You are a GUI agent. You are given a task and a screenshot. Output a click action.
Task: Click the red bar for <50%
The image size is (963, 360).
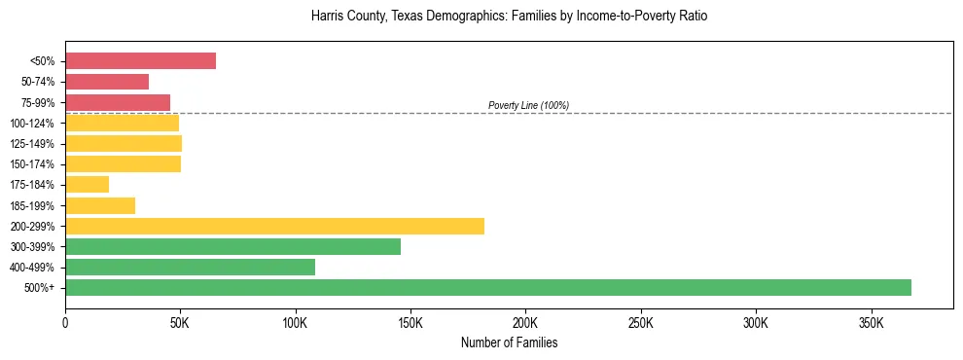140,61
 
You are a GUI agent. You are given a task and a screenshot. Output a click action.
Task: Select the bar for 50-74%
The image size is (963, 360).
107,82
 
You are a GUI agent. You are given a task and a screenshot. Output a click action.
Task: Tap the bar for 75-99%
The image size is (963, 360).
118,102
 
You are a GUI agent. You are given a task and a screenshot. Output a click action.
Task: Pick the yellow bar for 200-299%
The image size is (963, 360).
274,226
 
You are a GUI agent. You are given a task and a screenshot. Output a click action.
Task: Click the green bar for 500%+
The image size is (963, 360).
488,287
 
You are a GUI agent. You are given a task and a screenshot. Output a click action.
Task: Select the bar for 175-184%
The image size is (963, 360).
87,184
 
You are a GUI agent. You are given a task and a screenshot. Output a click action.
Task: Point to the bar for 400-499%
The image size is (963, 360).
190,267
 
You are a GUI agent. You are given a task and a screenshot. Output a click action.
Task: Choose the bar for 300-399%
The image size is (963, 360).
232,246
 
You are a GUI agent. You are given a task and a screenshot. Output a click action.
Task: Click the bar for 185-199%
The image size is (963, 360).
100,205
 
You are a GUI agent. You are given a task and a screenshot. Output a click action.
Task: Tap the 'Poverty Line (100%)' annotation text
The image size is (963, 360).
528,105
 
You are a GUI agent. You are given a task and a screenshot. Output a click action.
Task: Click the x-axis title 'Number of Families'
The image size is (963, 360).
509,342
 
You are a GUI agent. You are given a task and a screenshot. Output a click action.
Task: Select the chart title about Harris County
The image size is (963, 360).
509,17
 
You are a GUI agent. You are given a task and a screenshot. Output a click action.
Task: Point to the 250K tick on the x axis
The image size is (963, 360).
641,322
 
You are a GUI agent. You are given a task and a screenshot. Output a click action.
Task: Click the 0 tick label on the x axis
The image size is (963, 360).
65,322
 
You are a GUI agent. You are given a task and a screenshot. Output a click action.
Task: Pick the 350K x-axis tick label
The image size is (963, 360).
871,322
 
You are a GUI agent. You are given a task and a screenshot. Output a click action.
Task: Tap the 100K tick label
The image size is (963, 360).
296,322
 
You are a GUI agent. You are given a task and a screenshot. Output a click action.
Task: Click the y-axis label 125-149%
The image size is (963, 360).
33,144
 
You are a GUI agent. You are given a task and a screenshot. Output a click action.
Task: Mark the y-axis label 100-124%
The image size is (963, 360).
33,124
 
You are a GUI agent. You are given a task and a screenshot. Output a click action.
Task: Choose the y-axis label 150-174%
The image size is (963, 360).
33,164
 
